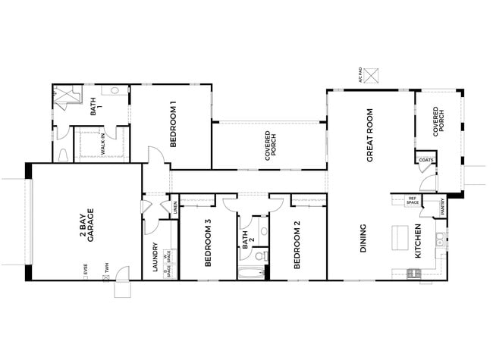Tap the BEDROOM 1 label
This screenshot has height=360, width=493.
(x=173, y=124)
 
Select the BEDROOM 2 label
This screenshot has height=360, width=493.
(x=297, y=244)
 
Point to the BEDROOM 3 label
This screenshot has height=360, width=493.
(x=207, y=244)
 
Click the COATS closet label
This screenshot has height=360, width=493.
(x=425, y=160)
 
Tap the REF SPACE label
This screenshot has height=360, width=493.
(x=413, y=202)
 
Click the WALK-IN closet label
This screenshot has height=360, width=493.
(x=102, y=144)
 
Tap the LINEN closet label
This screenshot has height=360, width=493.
(x=175, y=205)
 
